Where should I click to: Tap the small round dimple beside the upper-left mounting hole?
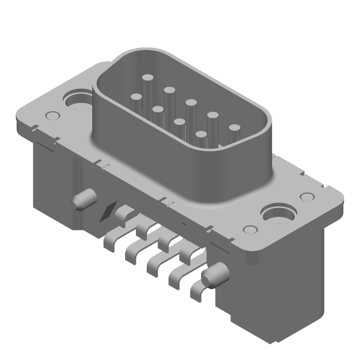pos(53,116)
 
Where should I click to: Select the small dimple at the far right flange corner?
pos(307,197)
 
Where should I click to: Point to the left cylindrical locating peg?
pos(84,198)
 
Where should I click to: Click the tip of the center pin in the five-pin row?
pos(191,103)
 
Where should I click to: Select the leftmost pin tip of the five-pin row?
pos(147,78)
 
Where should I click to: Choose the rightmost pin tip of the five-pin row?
pos(234,128)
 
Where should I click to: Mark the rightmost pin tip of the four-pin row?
pos(201,134)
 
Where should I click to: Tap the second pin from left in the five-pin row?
pos(169,90)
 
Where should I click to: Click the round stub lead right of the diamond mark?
pos(122,211)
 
